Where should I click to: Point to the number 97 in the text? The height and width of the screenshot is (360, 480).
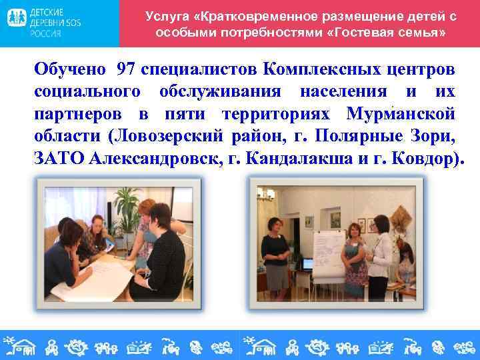click(127, 69)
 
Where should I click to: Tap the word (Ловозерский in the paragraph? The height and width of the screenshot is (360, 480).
click(165, 137)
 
